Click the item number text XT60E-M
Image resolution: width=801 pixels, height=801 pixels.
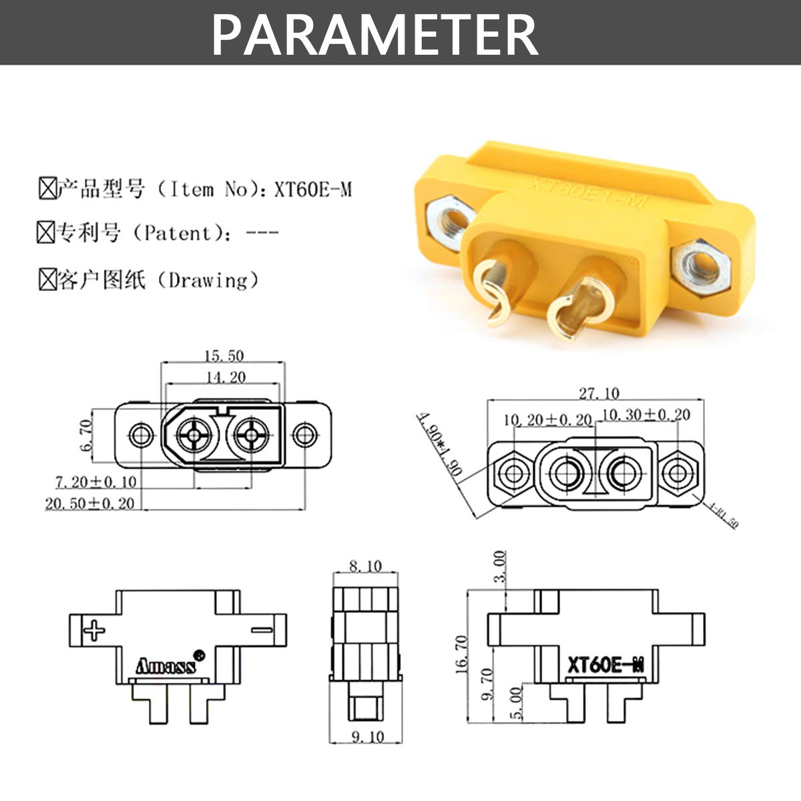pos(312,190)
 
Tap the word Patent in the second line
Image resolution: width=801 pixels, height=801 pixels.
pos(178,234)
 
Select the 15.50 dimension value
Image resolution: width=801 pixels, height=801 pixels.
pos(224,356)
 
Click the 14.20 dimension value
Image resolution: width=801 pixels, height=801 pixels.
pos(225,377)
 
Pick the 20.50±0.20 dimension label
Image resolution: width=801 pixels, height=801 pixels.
pos(89,503)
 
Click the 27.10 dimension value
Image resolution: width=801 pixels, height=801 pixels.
pos(598,393)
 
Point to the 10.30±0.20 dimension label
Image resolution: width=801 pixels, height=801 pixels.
pos(646,415)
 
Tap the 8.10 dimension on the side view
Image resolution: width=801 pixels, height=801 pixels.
pos(365,566)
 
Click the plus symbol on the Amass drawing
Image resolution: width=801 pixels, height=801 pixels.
pos(94,629)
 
